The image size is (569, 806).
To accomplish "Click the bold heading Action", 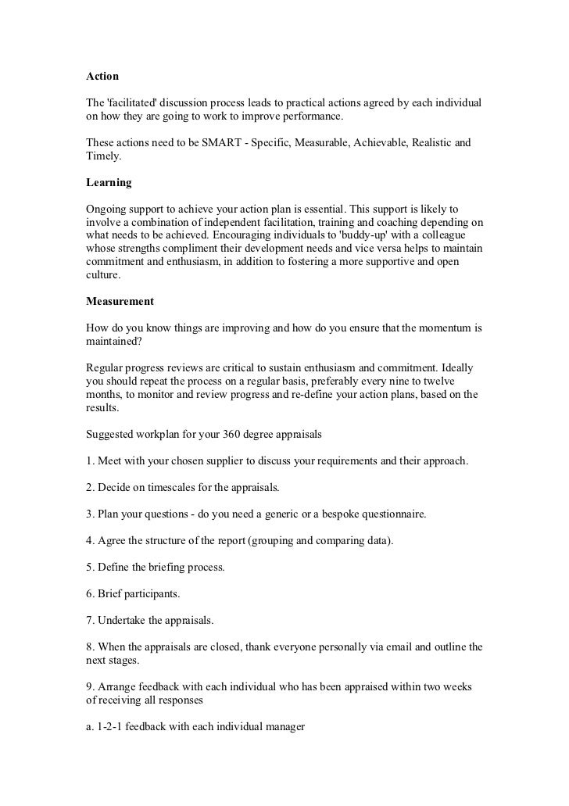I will coord(102,77).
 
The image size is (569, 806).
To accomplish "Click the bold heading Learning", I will coord(108,183).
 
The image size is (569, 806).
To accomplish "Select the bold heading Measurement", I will coord(120,301).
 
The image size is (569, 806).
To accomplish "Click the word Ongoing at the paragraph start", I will coord(108,210).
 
